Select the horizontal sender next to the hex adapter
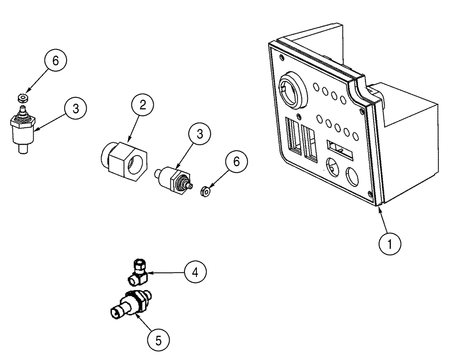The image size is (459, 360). [x=171, y=180]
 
